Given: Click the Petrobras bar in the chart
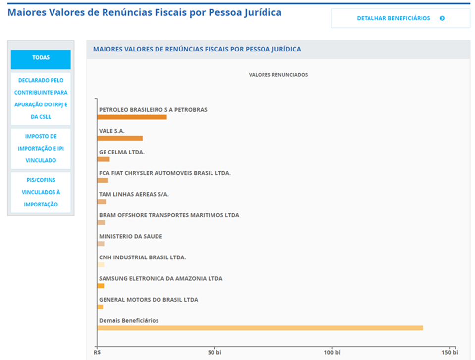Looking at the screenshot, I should point(132,117).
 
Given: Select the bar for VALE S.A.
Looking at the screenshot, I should point(120,138).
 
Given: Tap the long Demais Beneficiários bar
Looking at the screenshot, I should point(260,328).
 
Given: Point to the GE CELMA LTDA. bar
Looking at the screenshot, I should point(104,159).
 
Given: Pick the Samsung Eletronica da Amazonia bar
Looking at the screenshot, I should point(101,286).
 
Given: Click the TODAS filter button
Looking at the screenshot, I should point(41,58).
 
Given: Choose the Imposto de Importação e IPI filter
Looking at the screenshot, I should point(41,148).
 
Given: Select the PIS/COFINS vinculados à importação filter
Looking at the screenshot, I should point(41,192).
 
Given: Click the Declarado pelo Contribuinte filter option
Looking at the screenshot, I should point(41,99).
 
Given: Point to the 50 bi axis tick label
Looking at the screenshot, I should point(214,353).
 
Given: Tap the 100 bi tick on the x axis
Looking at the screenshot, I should point(332,353).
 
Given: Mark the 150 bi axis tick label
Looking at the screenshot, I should point(450,353).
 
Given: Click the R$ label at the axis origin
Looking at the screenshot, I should point(98,353).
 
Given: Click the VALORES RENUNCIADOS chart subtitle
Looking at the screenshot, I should point(278,75).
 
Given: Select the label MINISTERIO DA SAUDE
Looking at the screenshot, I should point(130,236).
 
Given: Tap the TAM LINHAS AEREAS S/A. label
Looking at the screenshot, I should point(134,194).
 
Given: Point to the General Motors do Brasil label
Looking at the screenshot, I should point(148,300).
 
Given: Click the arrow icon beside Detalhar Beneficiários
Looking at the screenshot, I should point(442,18).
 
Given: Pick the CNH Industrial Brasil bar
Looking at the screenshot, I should point(101,264).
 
